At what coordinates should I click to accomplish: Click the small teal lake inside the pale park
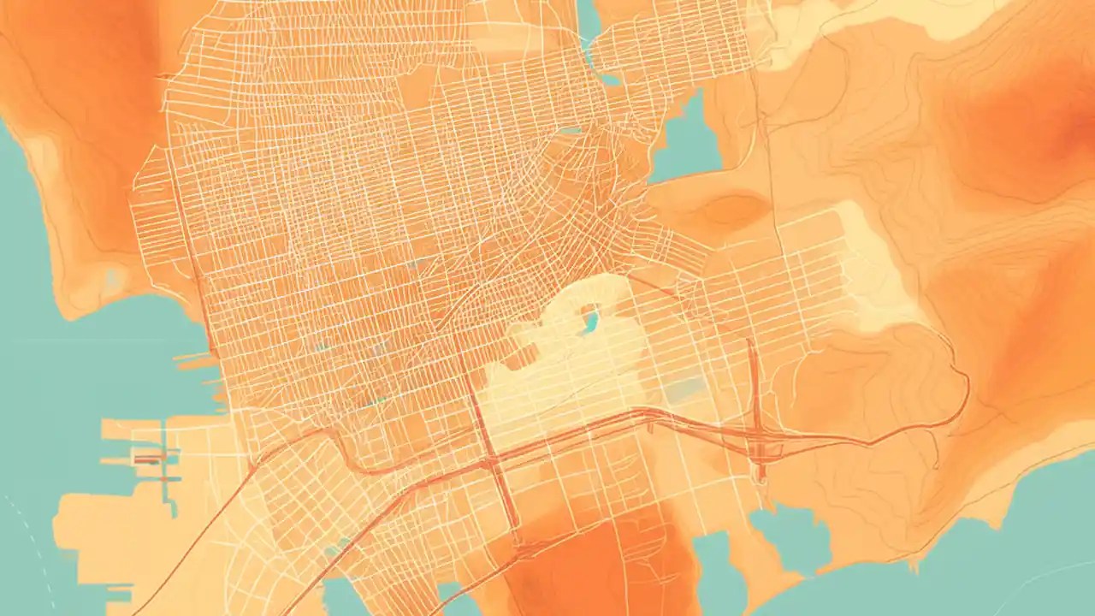[590, 322]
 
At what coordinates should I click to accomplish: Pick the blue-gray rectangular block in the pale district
[685, 390]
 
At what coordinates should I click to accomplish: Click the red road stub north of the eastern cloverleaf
[752, 368]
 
